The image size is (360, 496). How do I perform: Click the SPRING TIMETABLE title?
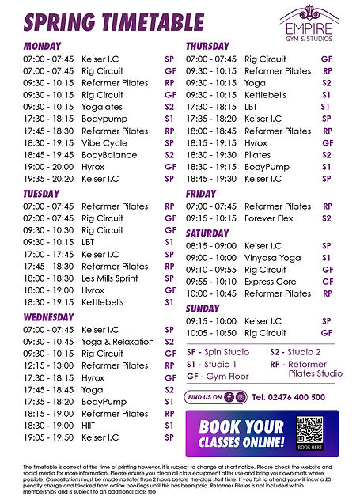click(113, 21)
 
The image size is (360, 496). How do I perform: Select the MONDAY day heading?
click(43, 47)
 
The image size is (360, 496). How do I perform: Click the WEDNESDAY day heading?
click(49, 316)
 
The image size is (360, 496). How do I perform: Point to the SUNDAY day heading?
click(203, 308)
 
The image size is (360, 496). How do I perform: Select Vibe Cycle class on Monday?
click(104, 143)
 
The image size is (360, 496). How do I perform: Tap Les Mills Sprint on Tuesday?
click(110, 278)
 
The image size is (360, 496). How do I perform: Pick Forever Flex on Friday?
click(268, 218)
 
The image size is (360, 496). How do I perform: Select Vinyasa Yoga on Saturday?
click(272, 258)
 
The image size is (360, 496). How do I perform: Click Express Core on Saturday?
click(270, 282)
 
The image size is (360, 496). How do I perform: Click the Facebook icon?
click(229, 397)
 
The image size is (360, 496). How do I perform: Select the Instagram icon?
click(241, 397)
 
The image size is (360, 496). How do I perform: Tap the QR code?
click(309, 431)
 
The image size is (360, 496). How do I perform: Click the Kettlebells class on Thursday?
click(265, 94)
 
